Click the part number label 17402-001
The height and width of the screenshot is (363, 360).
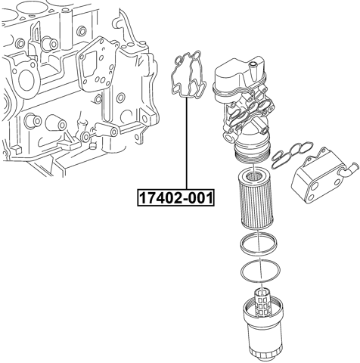(175, 198)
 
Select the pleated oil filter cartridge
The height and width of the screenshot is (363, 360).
(256, 199)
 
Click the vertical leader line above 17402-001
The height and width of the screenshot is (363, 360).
(187, 144)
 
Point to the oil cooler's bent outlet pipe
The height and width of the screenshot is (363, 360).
(349, 171)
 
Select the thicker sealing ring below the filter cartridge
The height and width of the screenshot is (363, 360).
(259, 244)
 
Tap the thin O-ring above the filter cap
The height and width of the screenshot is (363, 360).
(260, 271)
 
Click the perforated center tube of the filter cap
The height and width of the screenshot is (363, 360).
(262, 303)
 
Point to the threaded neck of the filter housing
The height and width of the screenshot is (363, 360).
(252, 154)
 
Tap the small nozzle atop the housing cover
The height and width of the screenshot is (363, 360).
(253, 66)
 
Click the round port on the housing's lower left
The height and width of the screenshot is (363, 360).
(229, 137)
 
